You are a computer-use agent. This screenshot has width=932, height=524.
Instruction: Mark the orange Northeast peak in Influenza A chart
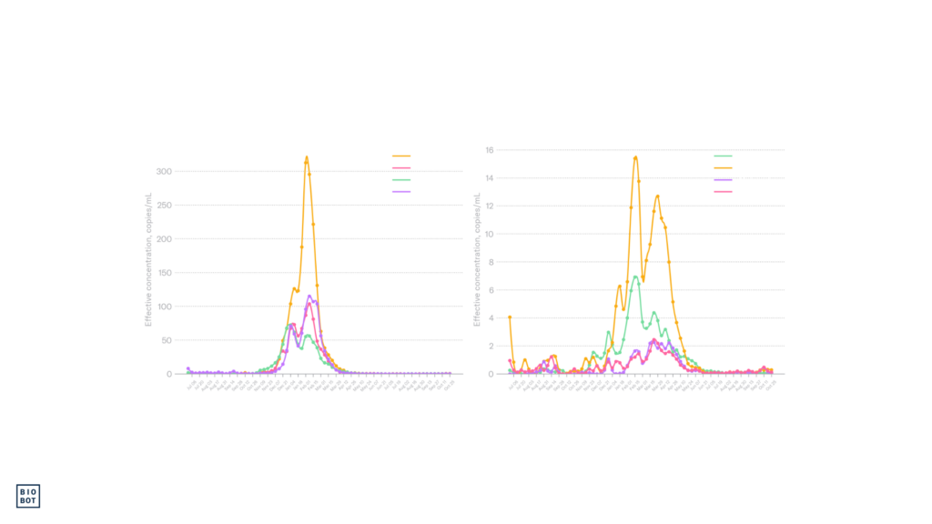tap(307, 156)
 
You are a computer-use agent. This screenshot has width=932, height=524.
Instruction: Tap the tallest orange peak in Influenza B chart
tap(635, 156)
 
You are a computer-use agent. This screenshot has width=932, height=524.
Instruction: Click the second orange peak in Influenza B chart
tap(657, 196)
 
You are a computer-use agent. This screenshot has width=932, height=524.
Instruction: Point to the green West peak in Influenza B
tap(636, 276)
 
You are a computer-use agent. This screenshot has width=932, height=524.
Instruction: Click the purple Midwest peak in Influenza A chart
tap(309, 296)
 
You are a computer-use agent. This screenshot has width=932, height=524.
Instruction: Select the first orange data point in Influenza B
tap(510, 317)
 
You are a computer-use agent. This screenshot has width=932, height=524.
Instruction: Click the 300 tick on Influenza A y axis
tap(165, 171)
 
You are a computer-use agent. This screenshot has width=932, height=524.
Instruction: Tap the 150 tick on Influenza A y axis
tap(165, 273)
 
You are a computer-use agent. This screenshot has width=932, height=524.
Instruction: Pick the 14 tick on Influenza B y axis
tap(490, 178)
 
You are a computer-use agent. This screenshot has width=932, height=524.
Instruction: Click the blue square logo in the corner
tap(28, 496)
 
